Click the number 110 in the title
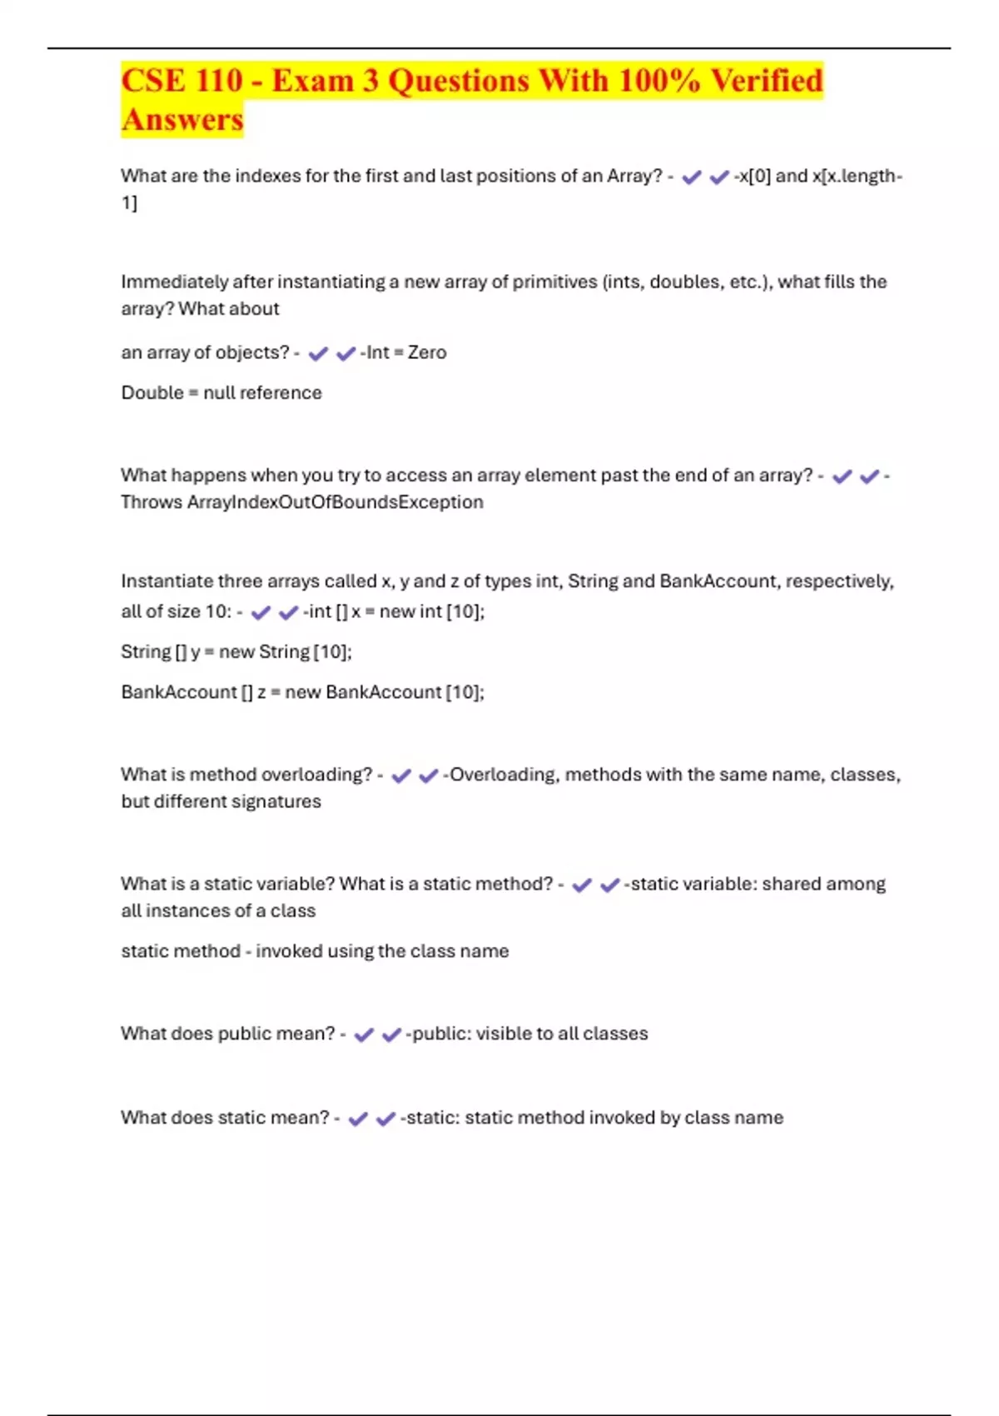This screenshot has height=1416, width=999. (x=219, y=81)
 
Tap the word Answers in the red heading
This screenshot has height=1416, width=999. (x=182, y=119)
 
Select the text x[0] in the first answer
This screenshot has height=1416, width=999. (x=755, y=176)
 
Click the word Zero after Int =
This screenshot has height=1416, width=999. (x=427, y=352)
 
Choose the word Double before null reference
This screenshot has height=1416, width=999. (x=152, y=392)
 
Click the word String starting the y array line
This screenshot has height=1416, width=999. (x=146, y=651)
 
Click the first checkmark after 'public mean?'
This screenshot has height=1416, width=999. (x=364, y=1035)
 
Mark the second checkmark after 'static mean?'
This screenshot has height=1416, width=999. (x=385, y=1119)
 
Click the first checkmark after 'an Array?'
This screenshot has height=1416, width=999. (x=692, y=177)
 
